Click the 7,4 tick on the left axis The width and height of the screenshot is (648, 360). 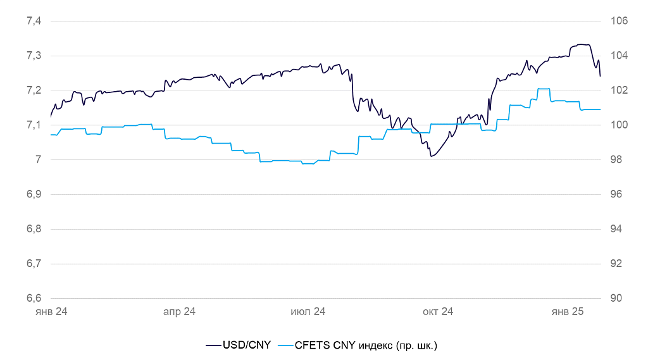[x=34, y=21]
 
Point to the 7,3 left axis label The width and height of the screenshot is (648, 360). [x=34, y=56]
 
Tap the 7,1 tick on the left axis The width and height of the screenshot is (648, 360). [x=34, y=125]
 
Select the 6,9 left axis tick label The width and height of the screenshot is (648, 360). [x=34, y=194]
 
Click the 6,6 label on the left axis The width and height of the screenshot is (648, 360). [x=34, y=298]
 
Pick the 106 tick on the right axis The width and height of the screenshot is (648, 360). [x=618, y=21]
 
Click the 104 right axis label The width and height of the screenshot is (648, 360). [x=618, y=56]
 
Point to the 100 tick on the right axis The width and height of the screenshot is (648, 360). [x=618, y=125]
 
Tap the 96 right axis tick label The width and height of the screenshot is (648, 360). [x=618, y=194]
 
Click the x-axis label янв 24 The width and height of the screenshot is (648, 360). [x=51, y=312]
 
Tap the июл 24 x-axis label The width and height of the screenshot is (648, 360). [x=308, y=312]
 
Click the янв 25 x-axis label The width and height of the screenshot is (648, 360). [x=567, y=312]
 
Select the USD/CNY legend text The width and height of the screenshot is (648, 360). [x=246, y=345]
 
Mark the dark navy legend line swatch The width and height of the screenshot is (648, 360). [x=213, y=345]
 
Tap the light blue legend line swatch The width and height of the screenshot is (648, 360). [x=286, y=345]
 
